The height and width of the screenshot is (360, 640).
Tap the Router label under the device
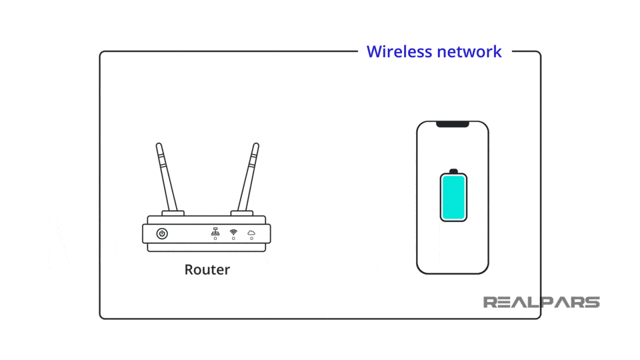[x=207, y=270]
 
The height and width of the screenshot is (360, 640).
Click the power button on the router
[x=162, y=233]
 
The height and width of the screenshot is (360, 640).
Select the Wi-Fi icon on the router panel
[x=233, y=231]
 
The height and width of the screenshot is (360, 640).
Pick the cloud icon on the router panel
[x=251, y=232]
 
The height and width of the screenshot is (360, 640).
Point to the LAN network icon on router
[x=215, y=231]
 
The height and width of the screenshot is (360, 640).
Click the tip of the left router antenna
[x=158, y=145]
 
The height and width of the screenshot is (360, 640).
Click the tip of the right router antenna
[x=255, y=145]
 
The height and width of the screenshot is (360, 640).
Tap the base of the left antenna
[x=173, y=213]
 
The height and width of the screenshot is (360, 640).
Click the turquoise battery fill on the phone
[x=453, y=197]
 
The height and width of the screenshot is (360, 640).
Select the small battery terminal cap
[x=453, y=171]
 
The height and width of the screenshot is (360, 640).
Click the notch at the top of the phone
[x=453, y=124]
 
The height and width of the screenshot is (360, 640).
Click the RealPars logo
[x=541, y=303]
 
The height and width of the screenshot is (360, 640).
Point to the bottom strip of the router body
[x=207, y=247]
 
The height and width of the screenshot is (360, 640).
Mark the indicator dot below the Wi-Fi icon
[x=233, y=239]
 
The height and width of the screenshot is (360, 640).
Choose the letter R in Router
[x=189, y=270]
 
